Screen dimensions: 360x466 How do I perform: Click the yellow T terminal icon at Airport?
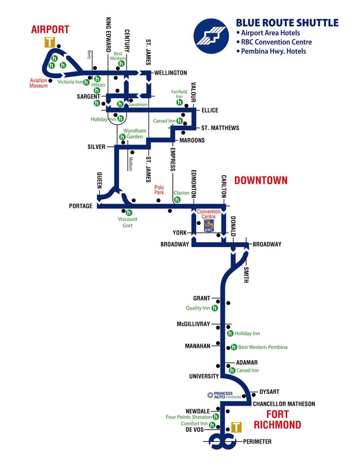[x=50, y=42]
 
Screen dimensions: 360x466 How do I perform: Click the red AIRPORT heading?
[x=50, y=30]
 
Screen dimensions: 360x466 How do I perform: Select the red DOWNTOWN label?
[x=261, y=181]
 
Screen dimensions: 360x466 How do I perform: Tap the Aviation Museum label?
[x=39, y=83]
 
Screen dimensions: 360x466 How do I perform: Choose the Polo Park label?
[x=159, y=189]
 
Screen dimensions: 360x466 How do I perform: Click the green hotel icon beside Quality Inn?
[x=215, y=308]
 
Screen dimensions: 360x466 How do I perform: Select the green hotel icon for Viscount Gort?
[x=129, y=213]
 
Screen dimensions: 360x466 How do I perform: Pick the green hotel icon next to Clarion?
[x=177, y=199]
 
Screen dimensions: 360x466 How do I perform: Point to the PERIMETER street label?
[x=257, y=442]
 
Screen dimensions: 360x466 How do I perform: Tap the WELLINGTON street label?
[x=170, y=72]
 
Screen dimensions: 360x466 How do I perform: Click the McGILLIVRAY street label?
[x=193, y=324]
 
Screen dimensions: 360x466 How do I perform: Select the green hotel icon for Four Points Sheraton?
[x=216, y=417]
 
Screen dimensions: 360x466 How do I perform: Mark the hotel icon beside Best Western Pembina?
[x=233, y=347]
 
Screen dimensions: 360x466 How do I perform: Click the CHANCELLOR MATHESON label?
[x=283, y=404]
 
